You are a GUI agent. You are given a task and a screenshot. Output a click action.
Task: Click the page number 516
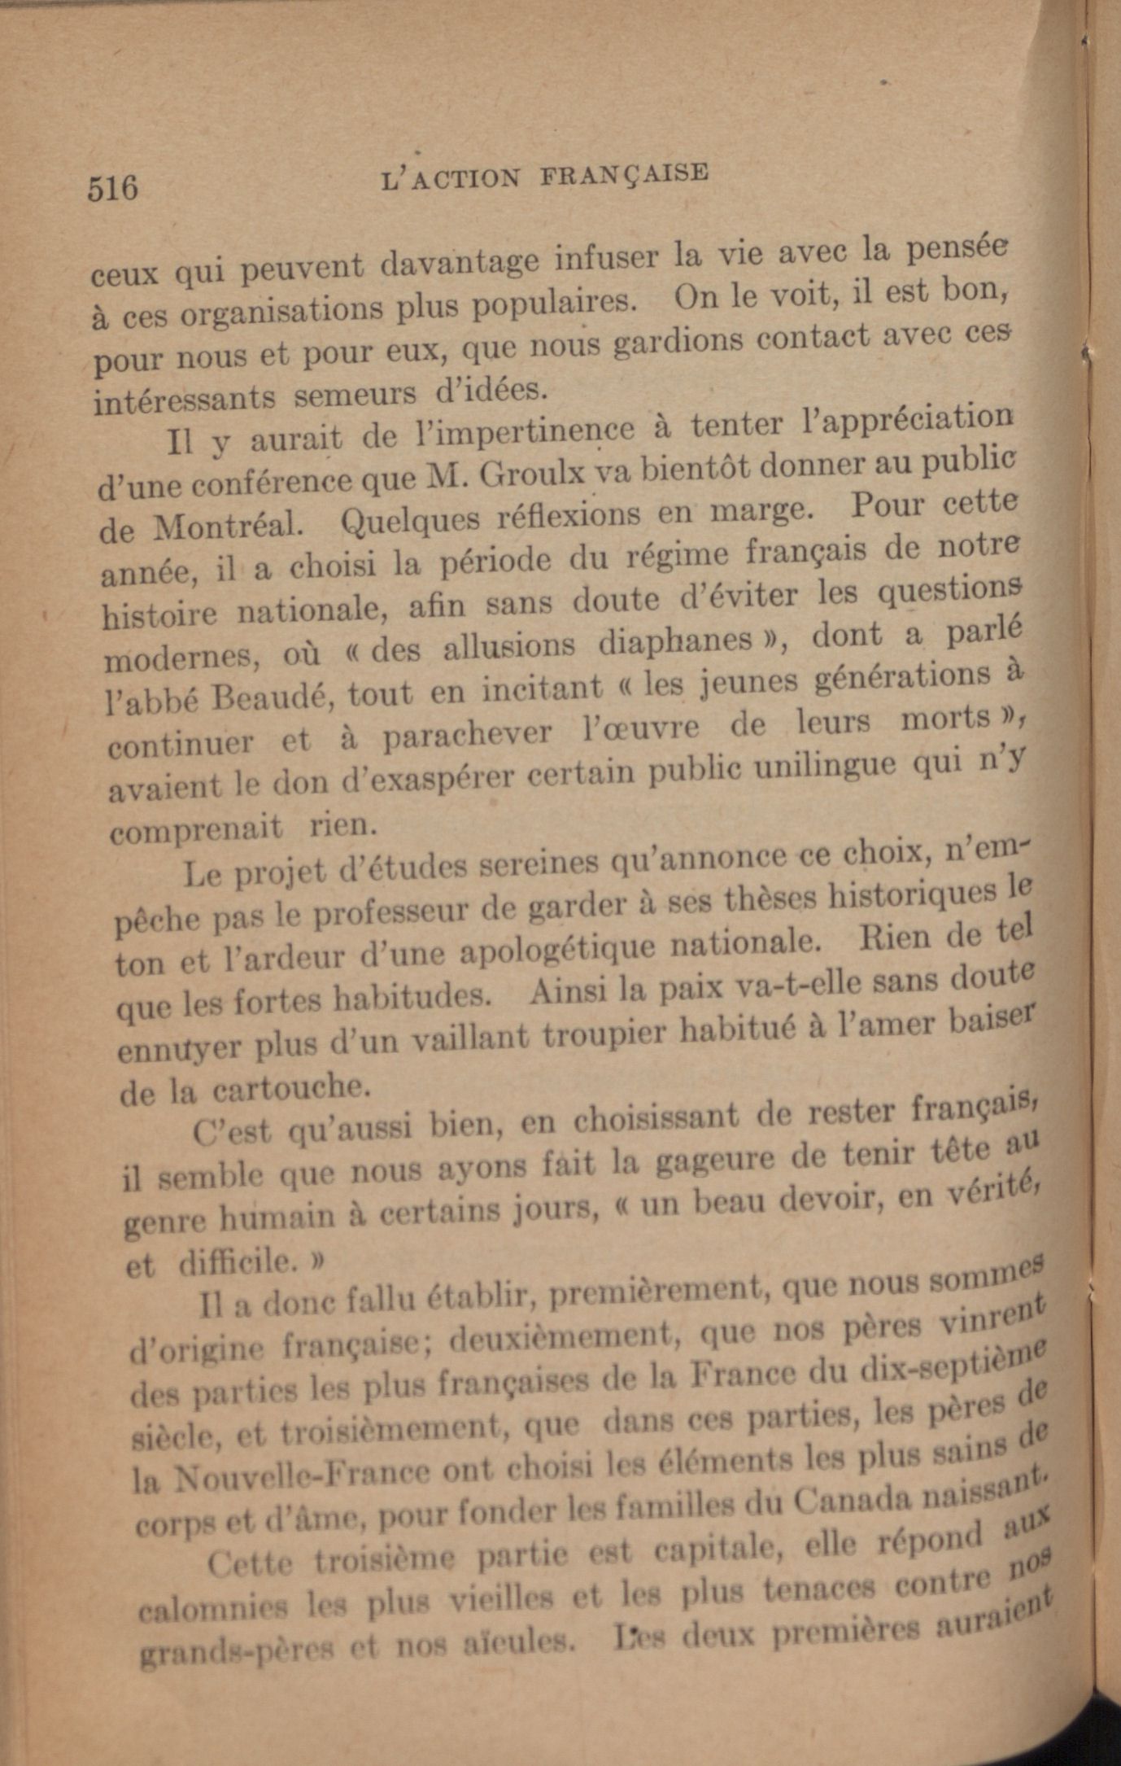pos(112,187)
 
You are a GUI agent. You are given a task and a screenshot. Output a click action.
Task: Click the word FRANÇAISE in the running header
pos(625,174)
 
